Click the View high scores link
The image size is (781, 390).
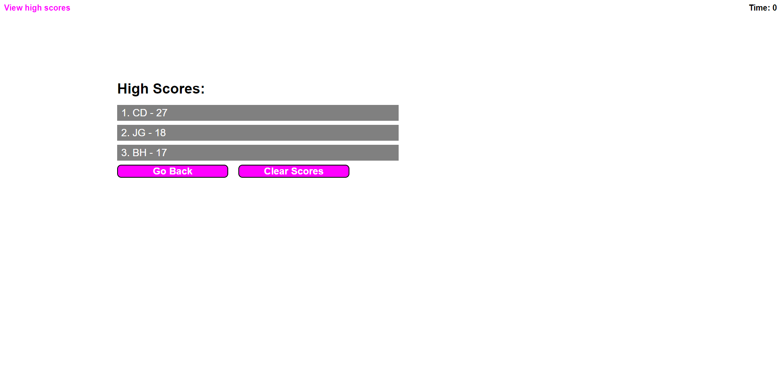[x=37, y=8]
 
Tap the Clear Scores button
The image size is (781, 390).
[x=294, y=171]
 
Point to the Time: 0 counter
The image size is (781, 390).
[x=763, y=8]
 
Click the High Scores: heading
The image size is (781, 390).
[x=161, y=89]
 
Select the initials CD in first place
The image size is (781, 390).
[x=140, y=113]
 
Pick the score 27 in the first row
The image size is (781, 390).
[x=162, y=113]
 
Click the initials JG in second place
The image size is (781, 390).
[x=139, y=133]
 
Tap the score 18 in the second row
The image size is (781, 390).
[x=160, y=133]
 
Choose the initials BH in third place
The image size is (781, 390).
[x=140, y=153]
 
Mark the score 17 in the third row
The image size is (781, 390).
[x=161, y=153]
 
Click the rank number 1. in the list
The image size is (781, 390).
[x=125, y=113]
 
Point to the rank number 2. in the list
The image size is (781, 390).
[x=125, y=133]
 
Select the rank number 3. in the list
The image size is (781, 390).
[x=125, y=153]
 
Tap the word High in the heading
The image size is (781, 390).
[x=133, y=89]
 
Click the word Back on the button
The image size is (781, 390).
[x=181, y=171]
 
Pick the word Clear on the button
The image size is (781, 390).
[x=276, y=171]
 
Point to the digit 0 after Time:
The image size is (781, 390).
[x=774, y=8]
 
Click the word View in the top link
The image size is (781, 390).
[x=13, y=8]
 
